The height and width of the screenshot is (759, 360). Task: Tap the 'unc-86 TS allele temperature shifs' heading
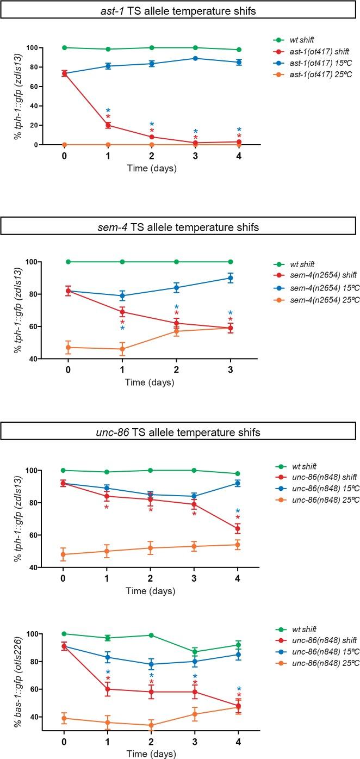coord(179,433)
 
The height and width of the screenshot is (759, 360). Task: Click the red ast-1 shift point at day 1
coord(108,125)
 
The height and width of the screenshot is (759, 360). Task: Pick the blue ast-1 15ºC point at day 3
coord(195,58)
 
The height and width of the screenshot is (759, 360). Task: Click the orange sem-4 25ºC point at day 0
coord(68,347)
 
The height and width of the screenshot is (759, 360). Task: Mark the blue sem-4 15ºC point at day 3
coord(231,278)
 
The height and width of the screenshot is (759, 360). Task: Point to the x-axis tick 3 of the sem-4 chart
coord(231,371)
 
